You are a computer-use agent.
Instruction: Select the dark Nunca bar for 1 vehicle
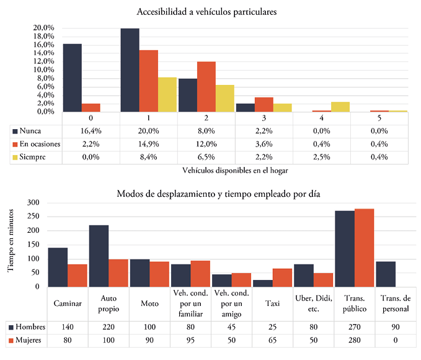tap(130, 70)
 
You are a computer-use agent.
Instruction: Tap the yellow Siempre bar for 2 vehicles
tap(225, 98)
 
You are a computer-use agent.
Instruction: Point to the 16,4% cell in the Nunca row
tap(91, 132)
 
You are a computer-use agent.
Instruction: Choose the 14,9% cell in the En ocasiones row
tap(148, 145)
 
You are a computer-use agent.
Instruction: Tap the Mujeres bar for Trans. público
tap(364, 248)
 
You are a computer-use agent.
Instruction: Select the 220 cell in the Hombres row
tap(109, 326)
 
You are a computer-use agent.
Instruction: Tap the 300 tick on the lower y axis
tap(33, 202)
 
